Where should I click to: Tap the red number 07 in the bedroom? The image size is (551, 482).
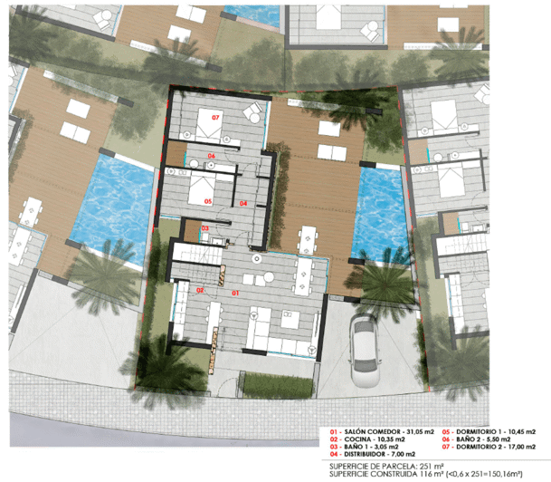[215, 119]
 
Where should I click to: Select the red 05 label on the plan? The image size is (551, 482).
[207, 200]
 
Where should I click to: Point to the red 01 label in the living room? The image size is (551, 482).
[235, 293]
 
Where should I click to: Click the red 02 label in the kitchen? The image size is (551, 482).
[200, 291]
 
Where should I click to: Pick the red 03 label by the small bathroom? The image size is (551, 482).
[204, 228]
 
